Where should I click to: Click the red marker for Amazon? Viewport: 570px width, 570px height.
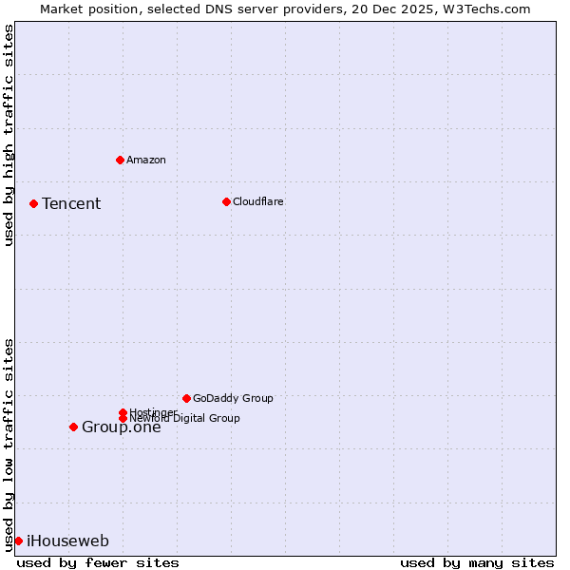tap(120, 160)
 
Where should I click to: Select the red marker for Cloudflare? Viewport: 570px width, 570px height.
tap(226, 201)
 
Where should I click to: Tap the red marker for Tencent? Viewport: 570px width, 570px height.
tap(33, 203)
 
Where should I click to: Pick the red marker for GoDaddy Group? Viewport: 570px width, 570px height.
tap(186, 398)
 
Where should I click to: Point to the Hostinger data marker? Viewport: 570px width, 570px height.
tap(123, 412)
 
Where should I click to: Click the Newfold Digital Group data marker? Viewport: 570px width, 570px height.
tap(123, 418)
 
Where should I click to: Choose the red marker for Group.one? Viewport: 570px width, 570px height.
tap(73, 427)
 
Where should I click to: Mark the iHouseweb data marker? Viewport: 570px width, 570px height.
tap(18, 541)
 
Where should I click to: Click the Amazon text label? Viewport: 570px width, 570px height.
tap(146, 160)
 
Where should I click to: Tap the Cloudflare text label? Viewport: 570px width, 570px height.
tap(258, 201)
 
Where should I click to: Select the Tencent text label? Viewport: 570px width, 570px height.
tap(71, 203)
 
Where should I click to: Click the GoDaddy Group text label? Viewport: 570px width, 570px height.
tap(233, 398)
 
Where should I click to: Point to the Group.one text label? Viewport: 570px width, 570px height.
tap(122, 427)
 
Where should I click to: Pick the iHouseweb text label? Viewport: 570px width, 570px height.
tap(67, 541)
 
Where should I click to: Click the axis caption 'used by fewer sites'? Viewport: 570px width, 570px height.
tap(98, 562)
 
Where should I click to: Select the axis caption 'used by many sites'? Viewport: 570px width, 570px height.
tap(477, 562)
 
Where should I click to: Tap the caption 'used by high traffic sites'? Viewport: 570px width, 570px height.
tap(9, 135)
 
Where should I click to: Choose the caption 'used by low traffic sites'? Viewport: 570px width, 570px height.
tap(9, 445)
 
